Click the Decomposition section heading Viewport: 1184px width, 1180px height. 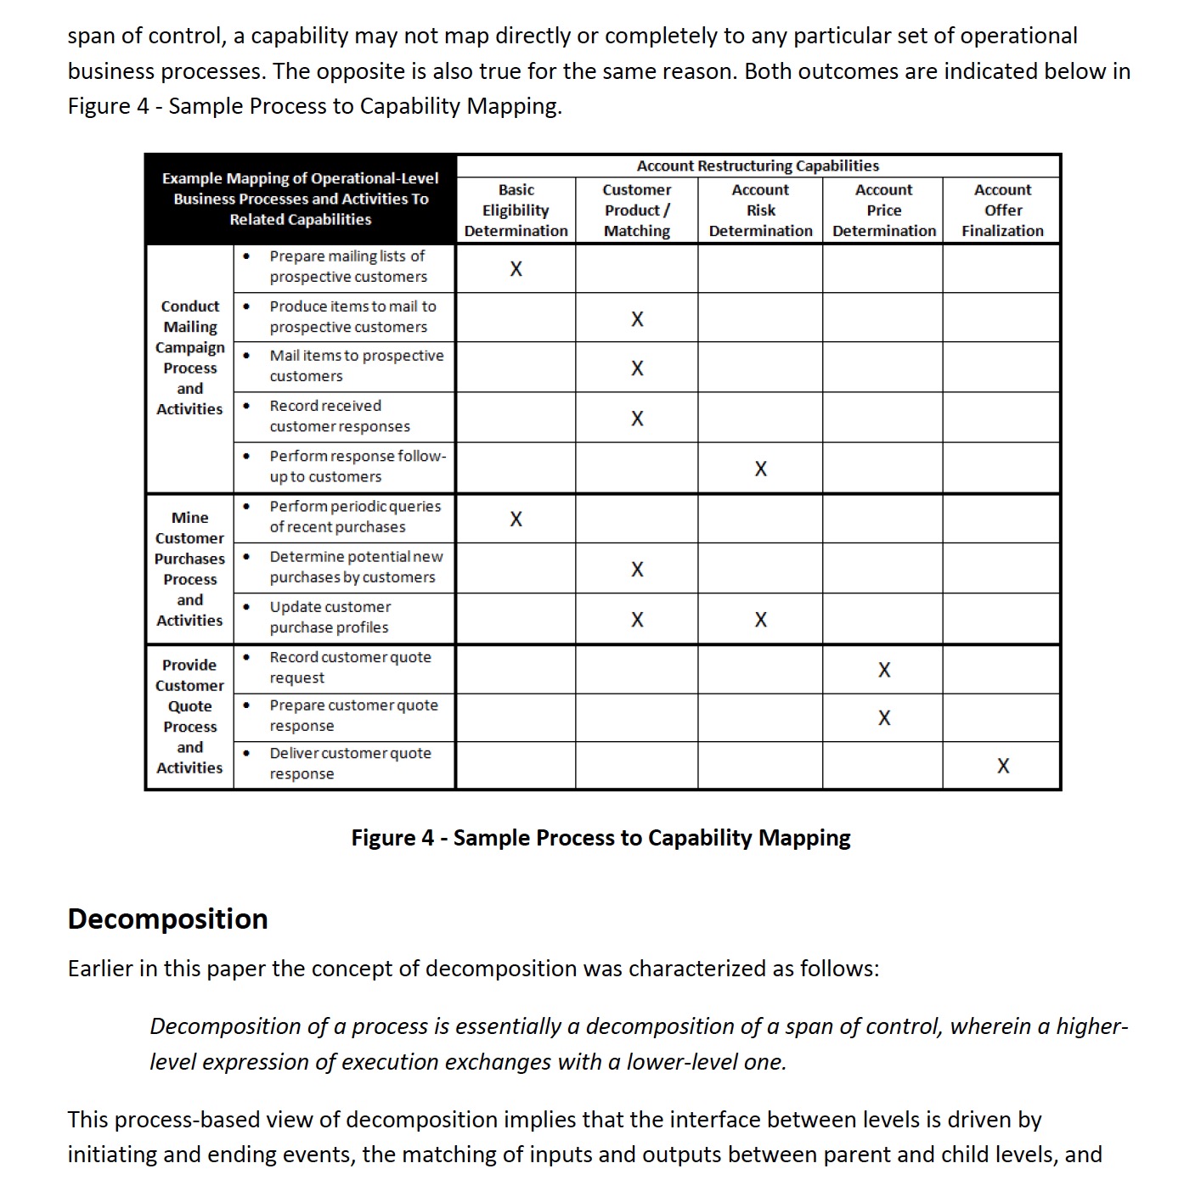(x=167, y=919)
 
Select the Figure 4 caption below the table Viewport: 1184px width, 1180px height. (x=600, y=838)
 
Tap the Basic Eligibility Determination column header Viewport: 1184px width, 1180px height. (x=516, y=211)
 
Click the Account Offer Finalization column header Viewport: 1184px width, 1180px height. (x=1002, y=211)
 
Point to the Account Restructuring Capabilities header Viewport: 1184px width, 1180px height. (x=758, y=166)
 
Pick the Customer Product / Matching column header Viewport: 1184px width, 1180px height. (x=637, y=211)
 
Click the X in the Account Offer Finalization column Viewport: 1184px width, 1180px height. (x=1003, y=766)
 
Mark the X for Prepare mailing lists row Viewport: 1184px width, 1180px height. (x=516, y=269)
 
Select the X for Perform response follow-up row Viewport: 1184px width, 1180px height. (x=760, y=469)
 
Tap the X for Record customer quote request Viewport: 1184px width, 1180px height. (x=884, y=670)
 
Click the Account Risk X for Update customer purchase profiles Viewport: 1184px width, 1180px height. (x=760, y=620)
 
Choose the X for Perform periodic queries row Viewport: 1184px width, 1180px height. (x=516, y=519)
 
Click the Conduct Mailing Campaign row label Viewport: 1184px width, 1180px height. (x=189, y=357)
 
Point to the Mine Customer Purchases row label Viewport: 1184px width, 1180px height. (x=189, y=569)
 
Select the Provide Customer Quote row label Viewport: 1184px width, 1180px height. (x=189, y=716)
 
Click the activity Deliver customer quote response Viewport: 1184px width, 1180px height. (x=350, y=763)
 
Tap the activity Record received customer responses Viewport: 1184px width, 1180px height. (x=339, y=416)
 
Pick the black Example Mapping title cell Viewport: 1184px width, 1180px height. (x=300, y=199)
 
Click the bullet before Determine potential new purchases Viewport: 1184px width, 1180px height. (x=246, y=557)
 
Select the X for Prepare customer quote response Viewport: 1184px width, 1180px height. (x=884, y=718)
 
